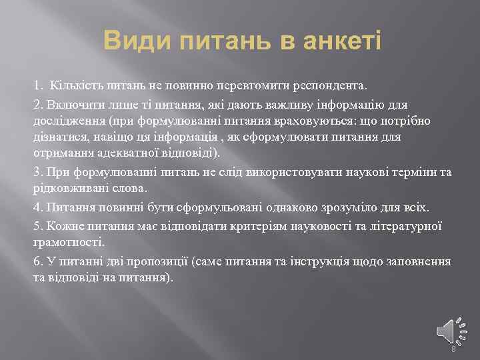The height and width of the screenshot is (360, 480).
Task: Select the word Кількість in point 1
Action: click(73, 86)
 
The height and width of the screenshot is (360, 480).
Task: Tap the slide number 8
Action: click(453, 349)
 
